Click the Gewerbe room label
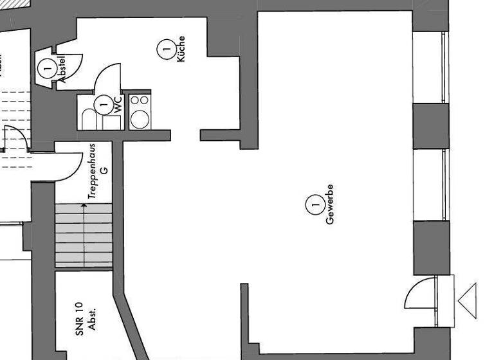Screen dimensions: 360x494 (x=330, y=204)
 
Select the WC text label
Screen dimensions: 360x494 (x=118, y=105)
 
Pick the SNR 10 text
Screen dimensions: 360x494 (x=79, y=318)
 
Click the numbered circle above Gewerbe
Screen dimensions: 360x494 (x=315, y=205)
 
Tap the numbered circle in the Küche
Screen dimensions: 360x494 (x=165, y=48)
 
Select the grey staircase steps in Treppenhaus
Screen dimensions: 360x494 (x=83, y=235)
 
